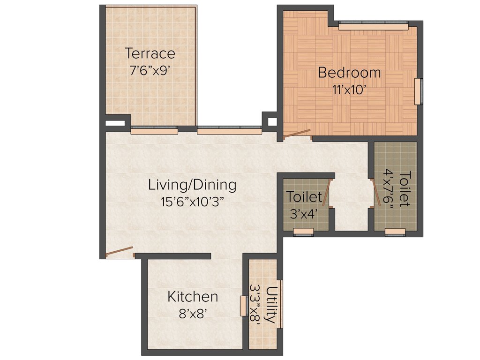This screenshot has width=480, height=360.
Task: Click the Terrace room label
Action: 150,53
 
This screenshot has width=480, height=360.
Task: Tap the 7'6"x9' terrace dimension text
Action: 150,70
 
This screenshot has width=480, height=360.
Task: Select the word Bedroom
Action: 349,73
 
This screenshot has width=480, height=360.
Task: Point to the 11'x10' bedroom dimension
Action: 349,90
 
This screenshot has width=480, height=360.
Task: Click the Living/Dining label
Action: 192,185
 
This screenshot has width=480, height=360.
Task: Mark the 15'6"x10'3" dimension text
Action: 192,202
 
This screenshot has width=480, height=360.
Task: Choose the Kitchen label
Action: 193,297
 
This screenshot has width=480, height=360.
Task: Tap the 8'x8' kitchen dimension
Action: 193,314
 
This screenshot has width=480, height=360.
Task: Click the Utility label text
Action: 271,304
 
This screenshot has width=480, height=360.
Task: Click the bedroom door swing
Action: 297,134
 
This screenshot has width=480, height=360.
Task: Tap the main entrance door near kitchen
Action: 120,252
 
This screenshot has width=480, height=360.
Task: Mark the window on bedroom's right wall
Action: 418,91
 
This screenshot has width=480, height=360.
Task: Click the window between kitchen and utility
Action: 243,306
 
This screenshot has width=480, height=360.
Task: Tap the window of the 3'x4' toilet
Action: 303,232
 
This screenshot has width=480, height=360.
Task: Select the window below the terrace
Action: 154,131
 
